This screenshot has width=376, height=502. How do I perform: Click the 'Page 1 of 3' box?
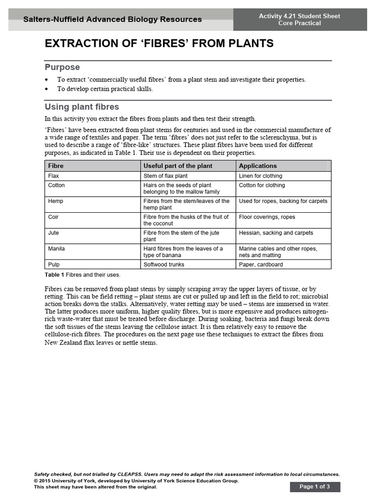point(315,487)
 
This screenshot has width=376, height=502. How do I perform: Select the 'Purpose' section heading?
point(62,67)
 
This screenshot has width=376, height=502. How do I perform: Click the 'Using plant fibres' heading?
point(82,107)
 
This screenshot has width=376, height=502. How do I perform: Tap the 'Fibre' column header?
point(56,166)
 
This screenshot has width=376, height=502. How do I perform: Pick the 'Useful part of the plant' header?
point(178,166)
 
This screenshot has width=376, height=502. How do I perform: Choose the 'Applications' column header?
point(258,166)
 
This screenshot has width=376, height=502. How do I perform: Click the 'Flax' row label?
point(53,176)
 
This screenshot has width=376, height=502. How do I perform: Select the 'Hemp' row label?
point(55,201)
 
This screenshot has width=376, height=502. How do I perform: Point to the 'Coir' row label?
point(53,217)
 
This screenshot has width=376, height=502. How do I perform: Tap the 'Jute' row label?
point(53,233)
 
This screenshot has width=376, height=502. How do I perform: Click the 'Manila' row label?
point(56,249)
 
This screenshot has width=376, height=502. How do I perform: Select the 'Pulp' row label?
point(53,265)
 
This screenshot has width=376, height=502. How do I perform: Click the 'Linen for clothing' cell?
point(260,176)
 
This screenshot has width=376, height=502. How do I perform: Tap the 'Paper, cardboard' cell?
point(260,265)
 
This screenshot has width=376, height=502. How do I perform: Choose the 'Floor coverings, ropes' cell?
point(267,217)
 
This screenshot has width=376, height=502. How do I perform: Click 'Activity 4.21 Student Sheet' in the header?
point(299,16)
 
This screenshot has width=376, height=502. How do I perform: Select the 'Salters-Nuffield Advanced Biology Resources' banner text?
point(113,20)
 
